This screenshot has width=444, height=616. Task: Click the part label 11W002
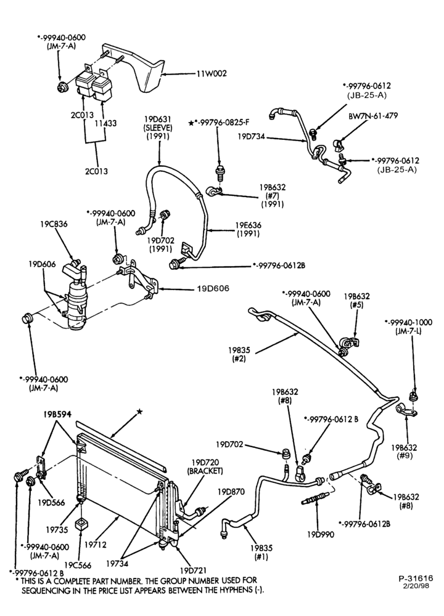tap(212, 73)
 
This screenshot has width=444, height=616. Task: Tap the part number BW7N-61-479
tap(373, 116)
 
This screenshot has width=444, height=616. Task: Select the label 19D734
tap(252, 137)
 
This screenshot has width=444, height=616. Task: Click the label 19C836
tap(54, 224)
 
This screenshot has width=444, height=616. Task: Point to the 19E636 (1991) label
tap(248, 229)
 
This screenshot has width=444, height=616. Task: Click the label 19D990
tap(321, 534)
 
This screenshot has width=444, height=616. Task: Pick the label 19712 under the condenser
tap(95, 545)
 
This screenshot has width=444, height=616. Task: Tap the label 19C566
tap(78, 565)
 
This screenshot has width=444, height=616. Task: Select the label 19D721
tap(193, 570)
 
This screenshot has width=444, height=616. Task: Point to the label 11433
tap(105, 123)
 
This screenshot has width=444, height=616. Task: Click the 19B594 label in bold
tap(58, 414)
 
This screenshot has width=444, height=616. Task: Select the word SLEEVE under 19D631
tap(159, 128)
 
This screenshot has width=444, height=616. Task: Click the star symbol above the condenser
tap(139, 411)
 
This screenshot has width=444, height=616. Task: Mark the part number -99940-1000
tap(409, 322)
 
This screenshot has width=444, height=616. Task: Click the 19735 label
tap(57, 530)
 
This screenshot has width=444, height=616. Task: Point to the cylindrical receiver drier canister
tap(76, 302)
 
